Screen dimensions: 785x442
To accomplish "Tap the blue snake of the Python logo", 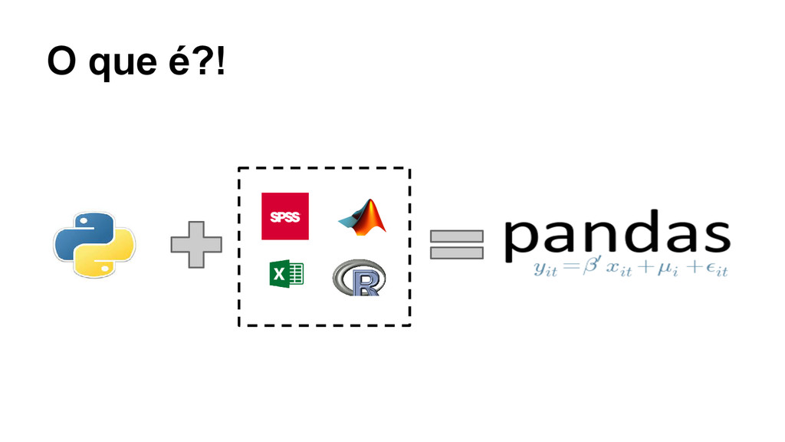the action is coord(80,230).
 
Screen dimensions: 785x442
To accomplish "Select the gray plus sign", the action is coord(196,245).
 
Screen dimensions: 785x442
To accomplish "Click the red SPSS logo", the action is coord(285,216).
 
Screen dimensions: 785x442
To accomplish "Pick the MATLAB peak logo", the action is coord(363,216).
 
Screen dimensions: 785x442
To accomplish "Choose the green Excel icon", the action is coord(287,273).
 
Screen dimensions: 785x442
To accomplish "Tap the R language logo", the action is coord(360,278).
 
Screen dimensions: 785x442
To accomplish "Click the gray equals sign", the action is coord(457,245).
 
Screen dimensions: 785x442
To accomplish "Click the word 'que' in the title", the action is coord(122,61).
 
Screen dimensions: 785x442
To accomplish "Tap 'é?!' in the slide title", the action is coord(197,61).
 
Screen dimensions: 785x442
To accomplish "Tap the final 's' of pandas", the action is coord(714,234).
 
